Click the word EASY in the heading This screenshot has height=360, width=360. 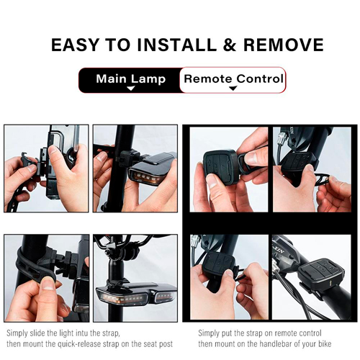[x=75, y=45]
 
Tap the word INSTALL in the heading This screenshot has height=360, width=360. [x=176, y=45]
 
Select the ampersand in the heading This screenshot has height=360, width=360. [x=230, y=45]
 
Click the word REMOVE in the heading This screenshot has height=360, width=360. [x=284, y=45]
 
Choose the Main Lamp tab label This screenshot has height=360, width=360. [x=131, y=79]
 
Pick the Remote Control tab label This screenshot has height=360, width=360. [x=233, y=78]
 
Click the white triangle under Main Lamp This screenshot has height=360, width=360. [x=131, y=89]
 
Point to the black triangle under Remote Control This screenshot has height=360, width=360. [x=233, y=89]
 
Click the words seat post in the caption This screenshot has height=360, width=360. [x=158, y=344]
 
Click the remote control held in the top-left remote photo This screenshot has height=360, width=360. [x=221, y=166]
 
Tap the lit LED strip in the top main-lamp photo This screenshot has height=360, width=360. [x=146, y=177]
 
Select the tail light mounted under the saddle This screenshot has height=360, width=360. [x=136, y=294]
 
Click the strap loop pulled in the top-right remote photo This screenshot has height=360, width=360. [x=321, y=179]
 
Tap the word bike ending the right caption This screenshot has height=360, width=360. [x=325, y=343]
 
